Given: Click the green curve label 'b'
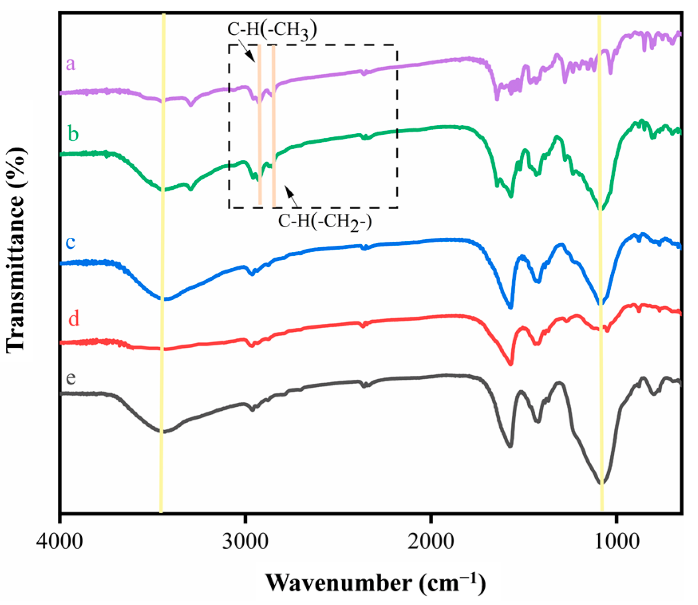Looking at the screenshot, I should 73,134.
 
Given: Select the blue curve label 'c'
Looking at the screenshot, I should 71,242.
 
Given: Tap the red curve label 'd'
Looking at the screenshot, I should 74,319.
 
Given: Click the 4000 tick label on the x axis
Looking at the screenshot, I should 60,541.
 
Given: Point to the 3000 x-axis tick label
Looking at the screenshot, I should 245,541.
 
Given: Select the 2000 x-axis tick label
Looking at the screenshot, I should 431,541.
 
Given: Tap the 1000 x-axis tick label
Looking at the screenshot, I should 617,541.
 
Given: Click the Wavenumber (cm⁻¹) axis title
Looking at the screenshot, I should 375,583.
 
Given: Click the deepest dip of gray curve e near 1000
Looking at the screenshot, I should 602,483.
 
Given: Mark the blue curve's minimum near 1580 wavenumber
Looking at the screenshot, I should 511,307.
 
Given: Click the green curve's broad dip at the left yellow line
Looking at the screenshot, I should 163,190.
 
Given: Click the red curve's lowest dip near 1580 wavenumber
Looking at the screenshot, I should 511,364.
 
